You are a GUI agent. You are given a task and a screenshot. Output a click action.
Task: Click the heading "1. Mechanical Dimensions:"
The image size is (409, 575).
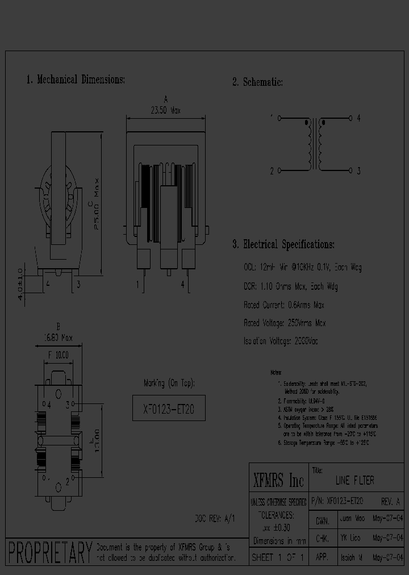76,80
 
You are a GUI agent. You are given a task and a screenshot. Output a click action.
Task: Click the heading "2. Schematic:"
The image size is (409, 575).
257,82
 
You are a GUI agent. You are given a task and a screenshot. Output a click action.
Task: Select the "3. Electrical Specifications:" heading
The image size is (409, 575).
283,245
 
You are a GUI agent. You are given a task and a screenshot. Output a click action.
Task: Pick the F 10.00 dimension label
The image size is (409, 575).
58,355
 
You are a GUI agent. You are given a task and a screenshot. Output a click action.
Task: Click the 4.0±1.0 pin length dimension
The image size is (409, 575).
21,284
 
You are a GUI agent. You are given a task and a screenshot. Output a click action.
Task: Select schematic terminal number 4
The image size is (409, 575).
358,119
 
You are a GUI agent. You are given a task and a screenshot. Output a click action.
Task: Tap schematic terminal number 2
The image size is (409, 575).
272,171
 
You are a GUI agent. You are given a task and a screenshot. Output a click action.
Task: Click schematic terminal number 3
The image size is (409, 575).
358,171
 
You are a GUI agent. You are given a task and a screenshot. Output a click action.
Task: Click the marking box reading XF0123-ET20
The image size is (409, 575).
169,408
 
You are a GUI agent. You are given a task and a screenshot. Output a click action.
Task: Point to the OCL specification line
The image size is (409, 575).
302,267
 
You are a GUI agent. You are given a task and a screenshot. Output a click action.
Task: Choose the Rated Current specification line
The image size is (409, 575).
285,305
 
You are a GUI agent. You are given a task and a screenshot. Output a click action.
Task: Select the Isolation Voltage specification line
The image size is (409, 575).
281,341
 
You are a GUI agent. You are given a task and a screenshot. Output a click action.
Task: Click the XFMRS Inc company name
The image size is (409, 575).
278,481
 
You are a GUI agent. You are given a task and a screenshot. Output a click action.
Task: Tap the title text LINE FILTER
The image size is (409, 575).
355,481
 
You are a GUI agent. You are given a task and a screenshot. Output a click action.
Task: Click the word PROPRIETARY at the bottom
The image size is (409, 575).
50,552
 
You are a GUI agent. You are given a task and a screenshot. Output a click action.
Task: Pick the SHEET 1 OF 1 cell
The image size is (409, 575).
278,558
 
